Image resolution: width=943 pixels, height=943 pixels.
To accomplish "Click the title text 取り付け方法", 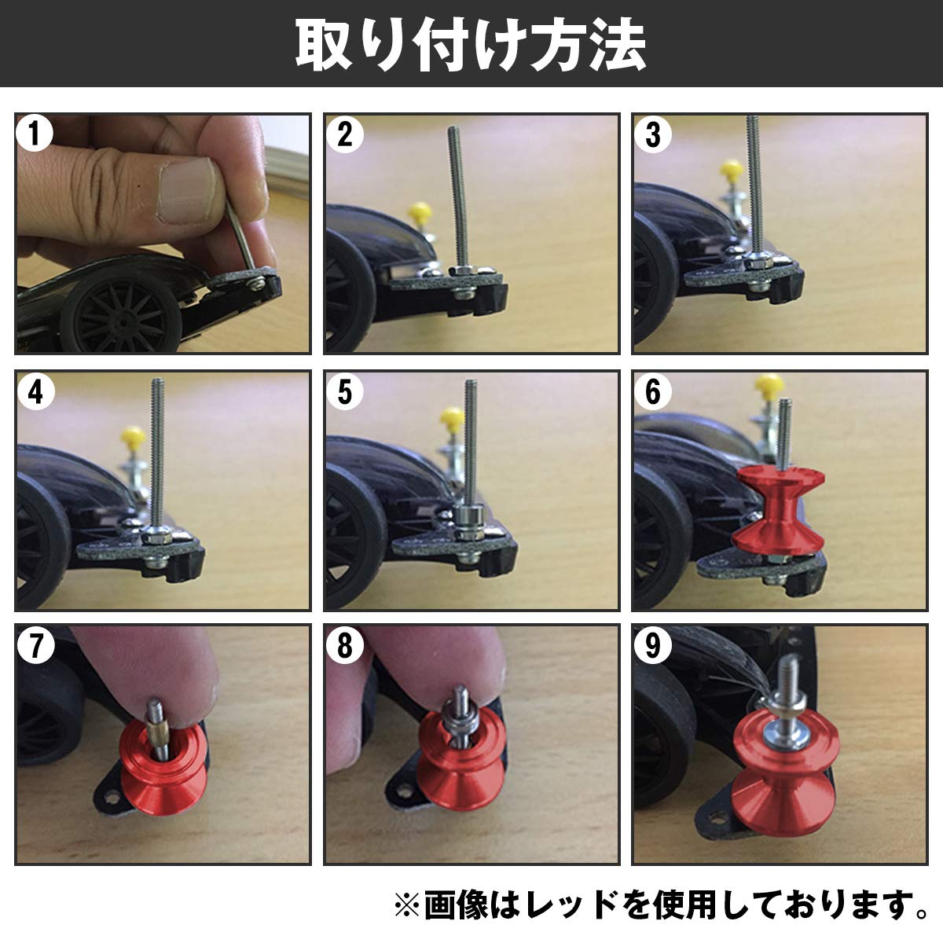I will (x=471, y=45).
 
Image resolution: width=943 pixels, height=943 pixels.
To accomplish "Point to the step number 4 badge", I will (x=35, y=392).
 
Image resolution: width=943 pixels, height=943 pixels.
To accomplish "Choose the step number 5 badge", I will (x=344, y=392).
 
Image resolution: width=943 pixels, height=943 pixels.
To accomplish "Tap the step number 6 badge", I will (x=652, y=392).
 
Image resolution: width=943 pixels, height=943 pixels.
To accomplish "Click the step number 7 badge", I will (x=35, y=648).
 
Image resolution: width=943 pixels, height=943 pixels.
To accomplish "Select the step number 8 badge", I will (x=344, y=648).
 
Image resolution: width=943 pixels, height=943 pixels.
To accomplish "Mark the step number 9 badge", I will (x=652, y=648).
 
